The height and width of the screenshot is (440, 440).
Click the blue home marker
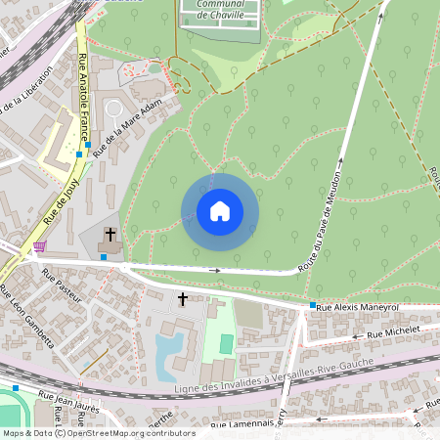[x=219, y=211]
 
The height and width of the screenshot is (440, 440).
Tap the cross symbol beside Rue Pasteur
[x=110, y=235]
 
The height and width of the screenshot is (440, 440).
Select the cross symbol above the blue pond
[x=182, y=297]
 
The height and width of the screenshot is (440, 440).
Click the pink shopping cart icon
[x=39, y=246]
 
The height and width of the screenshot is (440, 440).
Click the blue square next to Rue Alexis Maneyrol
[x=312, y=306]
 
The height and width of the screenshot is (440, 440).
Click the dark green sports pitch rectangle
[x=226, y=344]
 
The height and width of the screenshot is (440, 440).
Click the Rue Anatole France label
[x=84, y=98]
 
